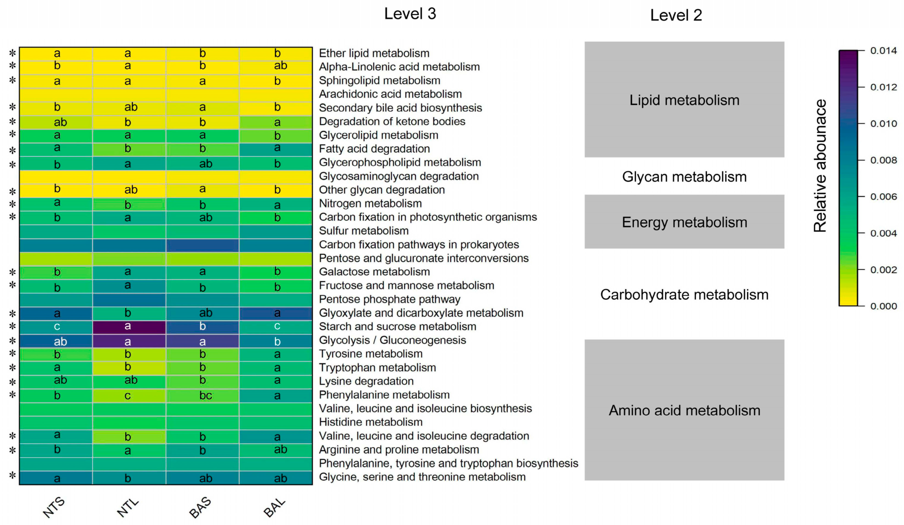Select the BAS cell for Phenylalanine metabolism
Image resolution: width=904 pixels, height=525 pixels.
tap(202, 395)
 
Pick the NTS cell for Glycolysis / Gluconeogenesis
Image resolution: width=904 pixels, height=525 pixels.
tap(56, 341)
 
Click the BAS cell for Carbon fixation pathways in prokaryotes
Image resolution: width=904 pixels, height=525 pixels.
tap(202, 245)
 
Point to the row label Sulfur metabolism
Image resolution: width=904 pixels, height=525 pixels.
tap(364, 231)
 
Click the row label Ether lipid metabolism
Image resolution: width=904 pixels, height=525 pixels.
tap(374, 53)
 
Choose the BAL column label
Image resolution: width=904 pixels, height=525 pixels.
tap(274, 507)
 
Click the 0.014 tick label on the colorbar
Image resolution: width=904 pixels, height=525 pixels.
tap(883, 51)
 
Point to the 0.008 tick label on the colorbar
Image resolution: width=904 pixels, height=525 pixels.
tap(883, 160)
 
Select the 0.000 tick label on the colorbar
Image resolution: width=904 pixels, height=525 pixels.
tap(883, 306)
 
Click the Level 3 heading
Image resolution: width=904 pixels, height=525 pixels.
tap(410, 14)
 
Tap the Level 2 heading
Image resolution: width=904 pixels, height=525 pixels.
tap(676, 15)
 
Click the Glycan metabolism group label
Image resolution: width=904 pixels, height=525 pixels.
tap(684, 177)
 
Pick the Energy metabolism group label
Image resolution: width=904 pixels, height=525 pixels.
tap(684, 222)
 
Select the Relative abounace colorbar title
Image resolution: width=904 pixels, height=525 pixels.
tap(820, 166)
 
